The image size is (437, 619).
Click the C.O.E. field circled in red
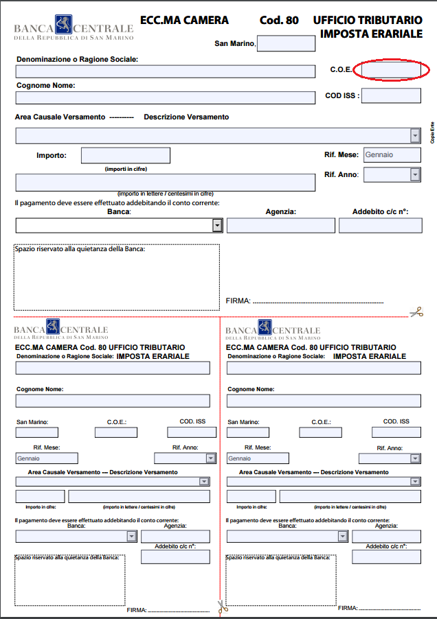[x=391, y=70]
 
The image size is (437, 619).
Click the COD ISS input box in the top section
[x=390, y=95]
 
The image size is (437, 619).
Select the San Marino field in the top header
[x=286, y=44]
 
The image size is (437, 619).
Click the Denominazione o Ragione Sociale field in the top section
[x=165, y=71]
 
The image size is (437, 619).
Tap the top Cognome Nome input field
[x=165, y=97]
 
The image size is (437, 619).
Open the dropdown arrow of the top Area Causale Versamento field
[x=415, y=135]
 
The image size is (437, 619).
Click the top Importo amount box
[x=125, y=156]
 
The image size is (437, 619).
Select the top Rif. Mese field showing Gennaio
[x=391, y=155]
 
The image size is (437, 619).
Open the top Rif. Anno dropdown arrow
[x=415, y=175]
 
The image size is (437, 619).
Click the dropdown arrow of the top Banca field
[x=217, y=225]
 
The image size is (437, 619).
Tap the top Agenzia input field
[x=281, y=225]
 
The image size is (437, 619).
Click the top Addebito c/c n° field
[x=380, y=225]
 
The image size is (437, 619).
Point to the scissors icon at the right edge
[x=416, y=312]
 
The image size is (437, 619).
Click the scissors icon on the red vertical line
[x=221, y=607]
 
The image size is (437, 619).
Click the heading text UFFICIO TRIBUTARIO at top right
[x=368, y=21]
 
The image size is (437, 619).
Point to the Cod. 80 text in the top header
[x=279, y=21]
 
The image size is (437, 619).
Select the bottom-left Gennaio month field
[x=47, y=458]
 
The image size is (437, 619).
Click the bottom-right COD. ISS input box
[x=396, y=432]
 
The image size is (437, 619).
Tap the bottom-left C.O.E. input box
[x=116, y=432]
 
